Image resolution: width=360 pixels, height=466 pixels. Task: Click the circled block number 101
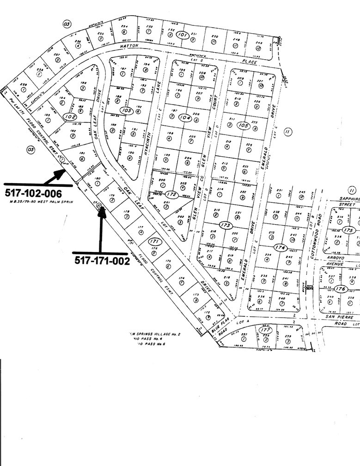(x=183, y=35)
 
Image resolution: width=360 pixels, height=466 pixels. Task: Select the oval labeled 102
(x=70, y=117)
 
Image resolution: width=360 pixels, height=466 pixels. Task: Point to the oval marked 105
(x=243, y=125)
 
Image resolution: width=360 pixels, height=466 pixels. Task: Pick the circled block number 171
(x=154, y=241)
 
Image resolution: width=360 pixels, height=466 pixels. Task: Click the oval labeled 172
(x=172, y=195)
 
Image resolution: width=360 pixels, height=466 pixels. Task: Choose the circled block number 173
(x=226, y=225)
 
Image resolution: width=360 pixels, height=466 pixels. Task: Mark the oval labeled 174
(x=280, y=247)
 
